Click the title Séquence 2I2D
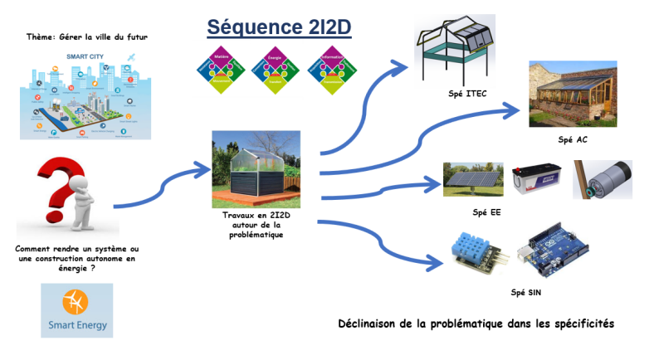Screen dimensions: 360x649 click(x=279, y=27)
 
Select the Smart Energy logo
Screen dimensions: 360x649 click(x=76, y=310)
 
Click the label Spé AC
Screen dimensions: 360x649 click(x=572, y=139)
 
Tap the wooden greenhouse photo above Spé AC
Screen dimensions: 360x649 click(x=572, y=94)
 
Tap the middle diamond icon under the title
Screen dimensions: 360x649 click(x=276, y=70)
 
